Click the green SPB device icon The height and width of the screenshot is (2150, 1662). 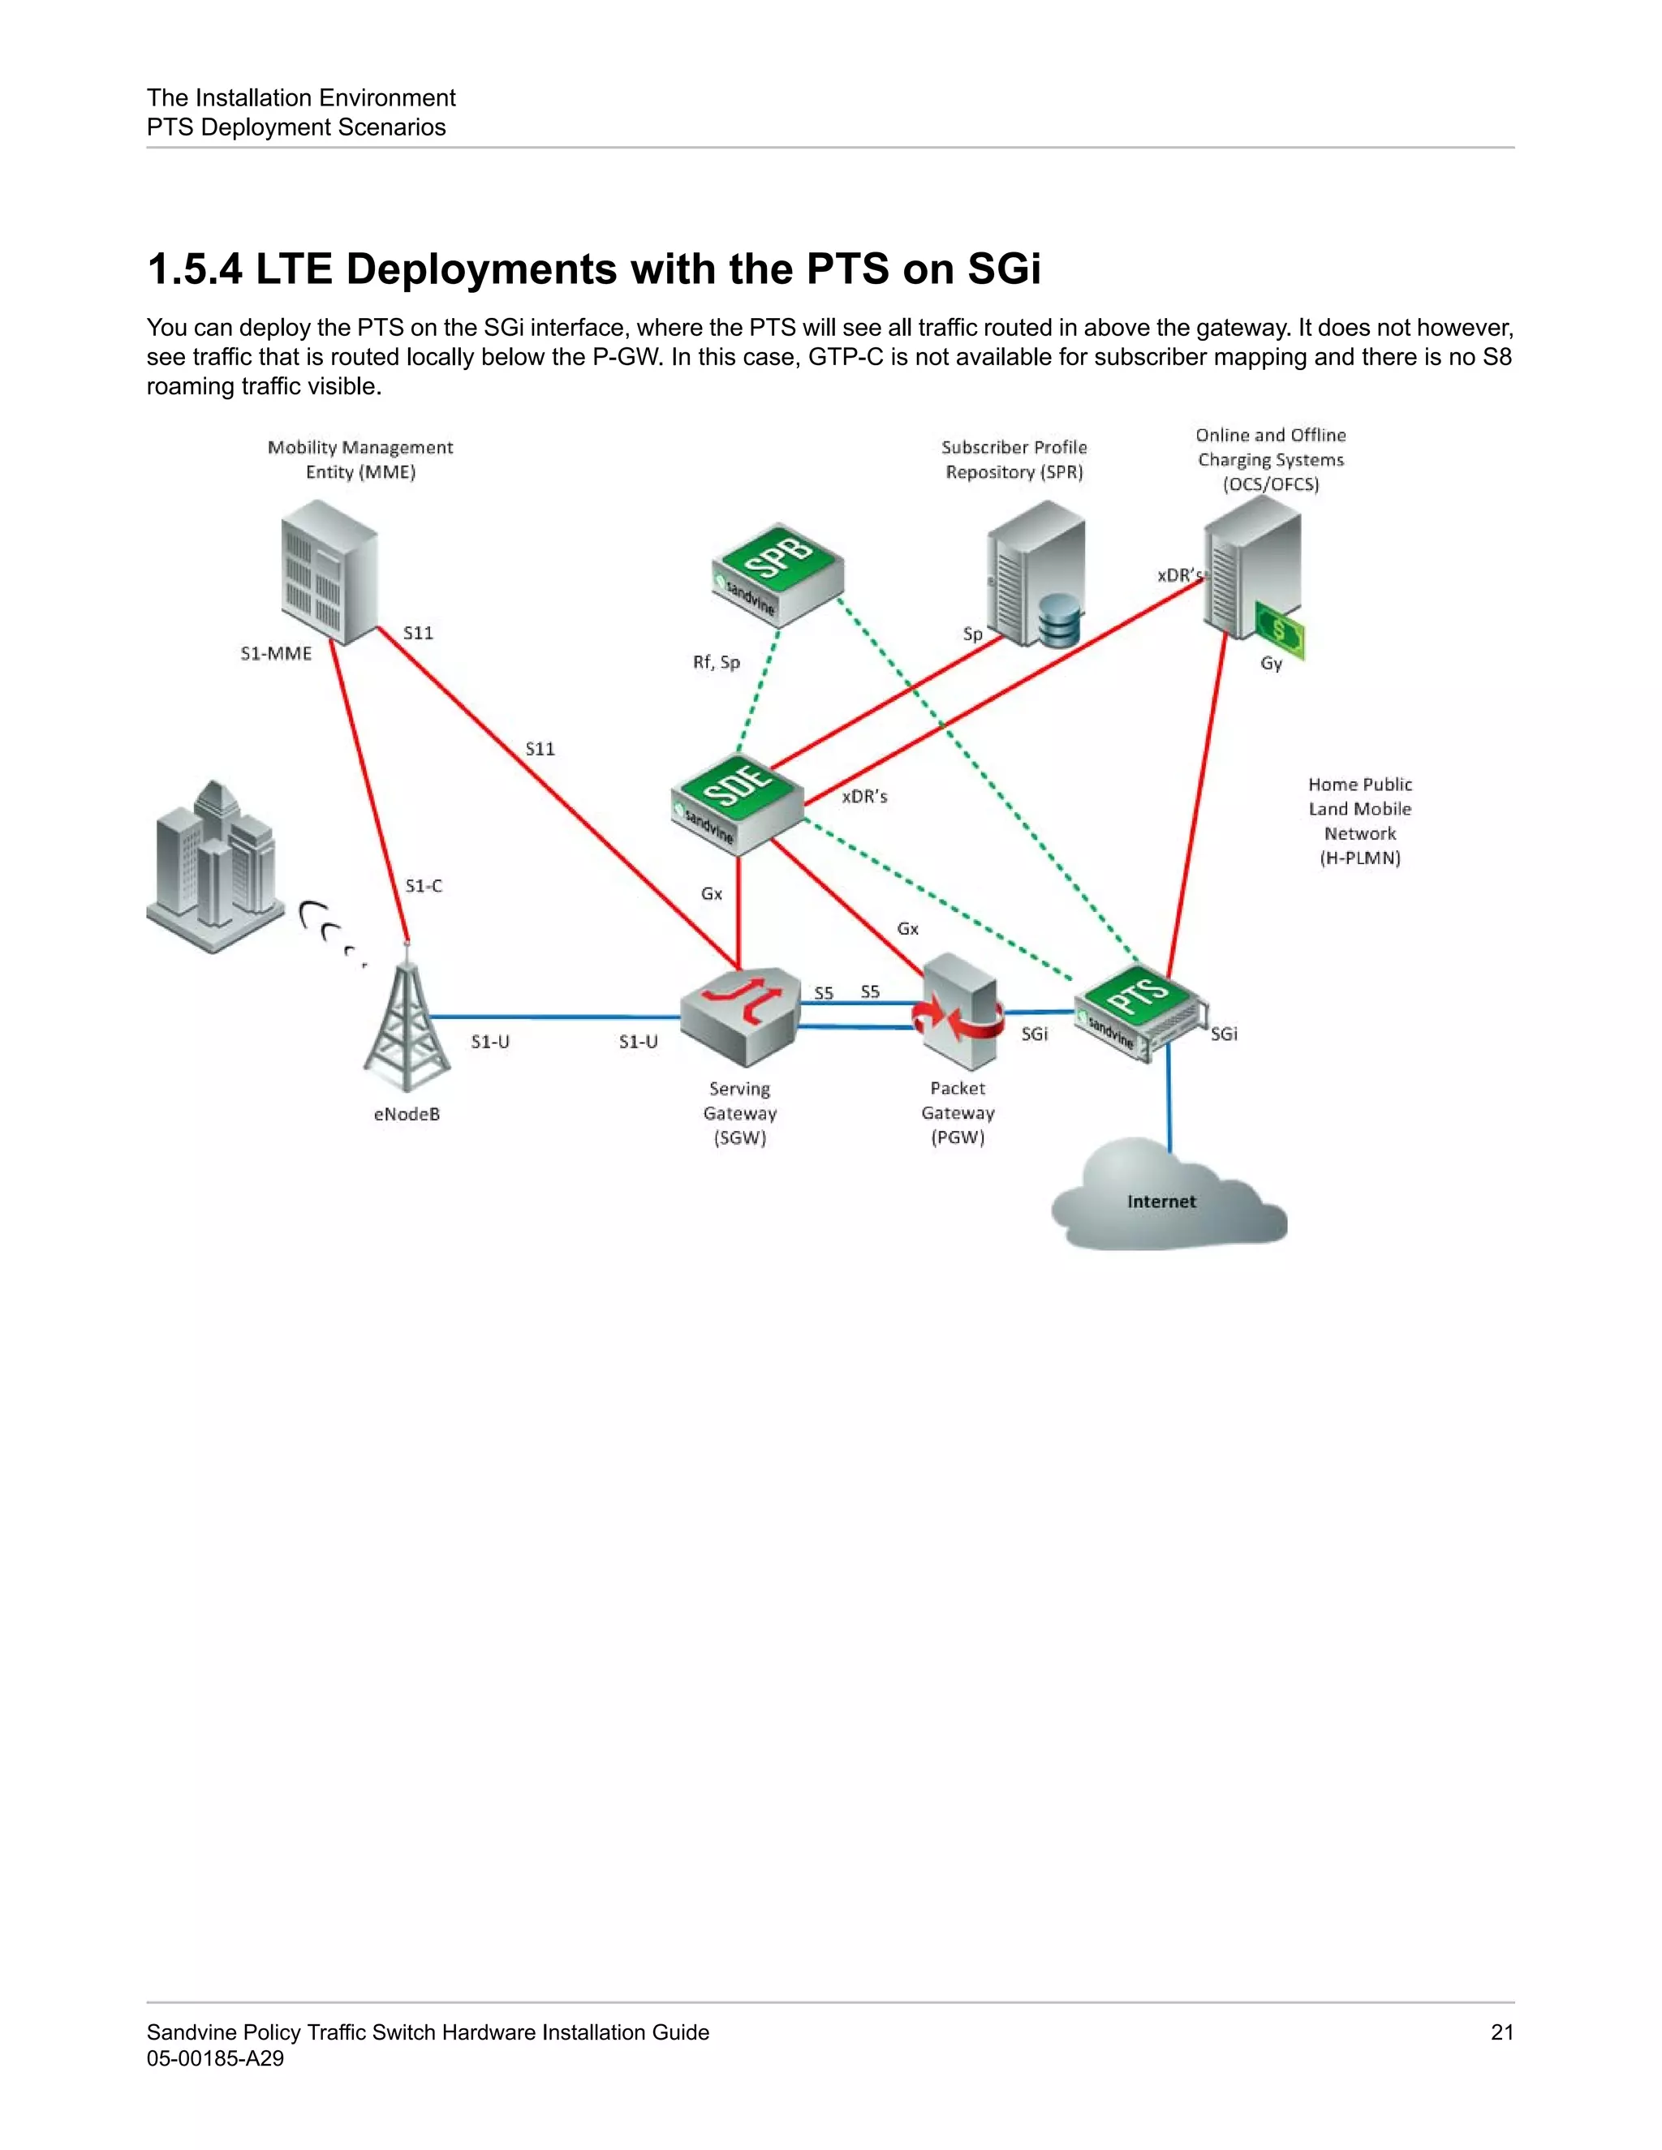(x=777, y=574)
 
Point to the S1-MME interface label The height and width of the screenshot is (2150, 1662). (x=276, y=654)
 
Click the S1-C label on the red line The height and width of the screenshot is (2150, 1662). (x=424, y=886)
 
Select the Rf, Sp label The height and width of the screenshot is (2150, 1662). (x=716, y=663)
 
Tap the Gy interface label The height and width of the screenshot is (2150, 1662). (x=1271, y=664)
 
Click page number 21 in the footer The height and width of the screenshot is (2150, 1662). (x=1501, y=2032)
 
